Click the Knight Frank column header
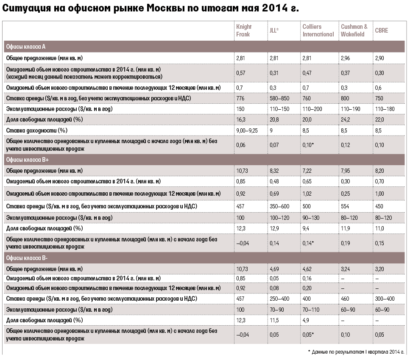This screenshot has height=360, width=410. (x=244, y=30)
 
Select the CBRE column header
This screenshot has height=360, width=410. (x=382, y=30)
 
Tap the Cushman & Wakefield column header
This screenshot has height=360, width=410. (x=354, y=30)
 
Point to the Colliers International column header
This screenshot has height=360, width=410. (x=318, y=30)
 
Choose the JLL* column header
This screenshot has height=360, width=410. (x=274, y=30)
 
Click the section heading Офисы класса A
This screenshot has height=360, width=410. (x=25, y=47)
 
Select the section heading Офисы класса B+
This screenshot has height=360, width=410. (x=28, y=160)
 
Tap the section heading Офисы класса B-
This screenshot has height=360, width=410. (x=27, y=258)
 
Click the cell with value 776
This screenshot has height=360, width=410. (x=240, y=99)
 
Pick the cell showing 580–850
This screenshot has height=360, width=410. (x=279, y=99)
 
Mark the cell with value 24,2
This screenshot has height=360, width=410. (x=345, y=120)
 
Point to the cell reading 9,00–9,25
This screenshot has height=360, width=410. (x=247, y=130)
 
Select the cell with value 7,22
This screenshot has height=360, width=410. (x=307, y=171)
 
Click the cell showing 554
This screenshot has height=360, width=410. (x=345, y=206)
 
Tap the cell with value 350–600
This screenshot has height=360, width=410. (x=279, y=206)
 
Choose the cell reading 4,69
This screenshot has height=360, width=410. (x=274, y=269)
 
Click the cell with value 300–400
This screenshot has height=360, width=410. (x=385, y=299)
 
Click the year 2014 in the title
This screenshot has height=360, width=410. (x=274, y=8)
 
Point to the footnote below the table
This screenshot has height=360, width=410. (x=356, y=352)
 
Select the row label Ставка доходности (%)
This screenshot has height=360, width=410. (x=36, y=130)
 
